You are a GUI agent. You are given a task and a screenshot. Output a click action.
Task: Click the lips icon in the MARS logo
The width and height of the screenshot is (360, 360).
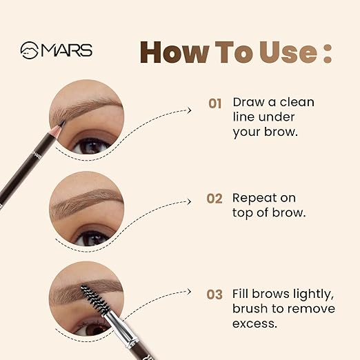pos(30,50)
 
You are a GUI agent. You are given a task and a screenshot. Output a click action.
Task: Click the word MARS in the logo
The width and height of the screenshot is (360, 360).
pos(66,50)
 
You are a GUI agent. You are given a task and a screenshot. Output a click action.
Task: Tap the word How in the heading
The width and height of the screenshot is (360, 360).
pos(174,52)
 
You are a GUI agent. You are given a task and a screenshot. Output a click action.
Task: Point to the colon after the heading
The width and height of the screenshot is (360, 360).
pos(328,53)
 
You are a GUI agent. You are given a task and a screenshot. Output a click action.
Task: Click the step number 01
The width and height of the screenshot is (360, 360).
pos(215,103)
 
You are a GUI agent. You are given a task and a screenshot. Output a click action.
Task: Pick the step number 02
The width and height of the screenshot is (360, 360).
pos(214,199)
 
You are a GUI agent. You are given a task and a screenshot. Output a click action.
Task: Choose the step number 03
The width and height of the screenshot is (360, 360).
pos(214,294)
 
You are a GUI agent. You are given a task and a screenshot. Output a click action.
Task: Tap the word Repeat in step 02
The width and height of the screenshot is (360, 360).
pos(254,199)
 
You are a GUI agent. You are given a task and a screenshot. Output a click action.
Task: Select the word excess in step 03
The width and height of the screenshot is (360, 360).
pos(254,324)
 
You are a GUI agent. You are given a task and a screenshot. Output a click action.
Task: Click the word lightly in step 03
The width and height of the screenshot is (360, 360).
pos(313,294)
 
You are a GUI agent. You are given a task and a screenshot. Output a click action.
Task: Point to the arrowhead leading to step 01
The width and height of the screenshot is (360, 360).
pos(189,110)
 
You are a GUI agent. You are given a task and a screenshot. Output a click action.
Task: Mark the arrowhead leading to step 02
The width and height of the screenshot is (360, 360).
pos(189,202)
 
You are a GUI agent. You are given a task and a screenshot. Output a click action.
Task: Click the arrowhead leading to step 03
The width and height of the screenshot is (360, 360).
pos(189,292)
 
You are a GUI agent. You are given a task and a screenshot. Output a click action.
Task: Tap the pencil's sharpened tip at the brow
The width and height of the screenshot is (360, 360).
pos(63,123)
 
